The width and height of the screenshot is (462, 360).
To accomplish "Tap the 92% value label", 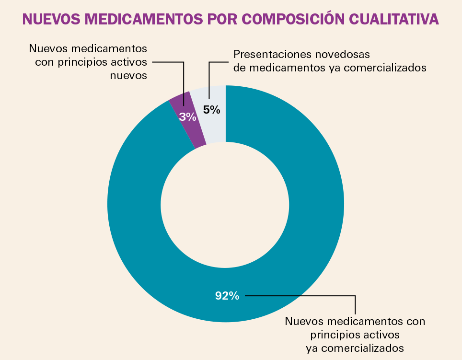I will (x=227, y=296).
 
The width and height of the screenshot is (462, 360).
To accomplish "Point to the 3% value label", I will (x=187, y=117).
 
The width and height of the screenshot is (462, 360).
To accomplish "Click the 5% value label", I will (x=211, y=110).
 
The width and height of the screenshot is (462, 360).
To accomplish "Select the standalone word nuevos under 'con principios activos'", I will (x=128, y=75).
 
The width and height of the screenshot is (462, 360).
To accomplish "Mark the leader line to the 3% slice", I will (x=184, y=81).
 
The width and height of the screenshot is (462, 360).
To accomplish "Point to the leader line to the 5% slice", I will (x=209, y=79).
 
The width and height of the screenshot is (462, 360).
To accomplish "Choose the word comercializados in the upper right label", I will (x=383, y=68).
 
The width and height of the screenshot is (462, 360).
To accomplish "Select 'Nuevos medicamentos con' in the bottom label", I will (x=355, y=320).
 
